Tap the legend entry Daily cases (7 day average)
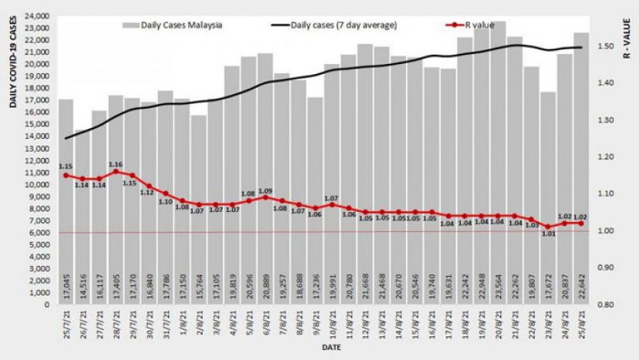(x=344, y=25)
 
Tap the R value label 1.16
(x=116, y=163)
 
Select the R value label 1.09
(x=265, y=190)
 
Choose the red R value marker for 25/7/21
(x=66, y=175)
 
